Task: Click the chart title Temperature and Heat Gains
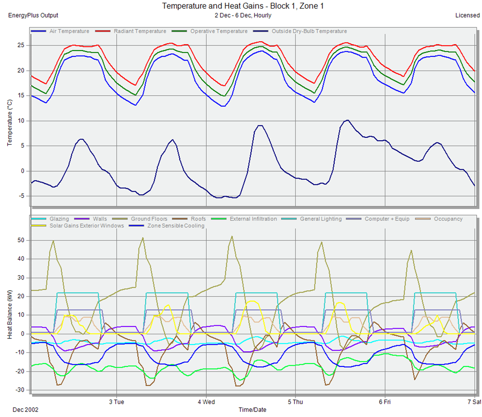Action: click(x=242, y=6)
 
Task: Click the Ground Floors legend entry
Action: click(x=149, y=219)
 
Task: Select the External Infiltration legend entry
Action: click(x=253, y=219)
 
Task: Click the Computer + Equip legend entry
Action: click(x=387, y=219)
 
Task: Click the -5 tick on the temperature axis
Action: click(x=23, y=196)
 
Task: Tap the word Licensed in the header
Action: click(x=467, y=16)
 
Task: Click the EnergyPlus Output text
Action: click(x=33, y=16)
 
